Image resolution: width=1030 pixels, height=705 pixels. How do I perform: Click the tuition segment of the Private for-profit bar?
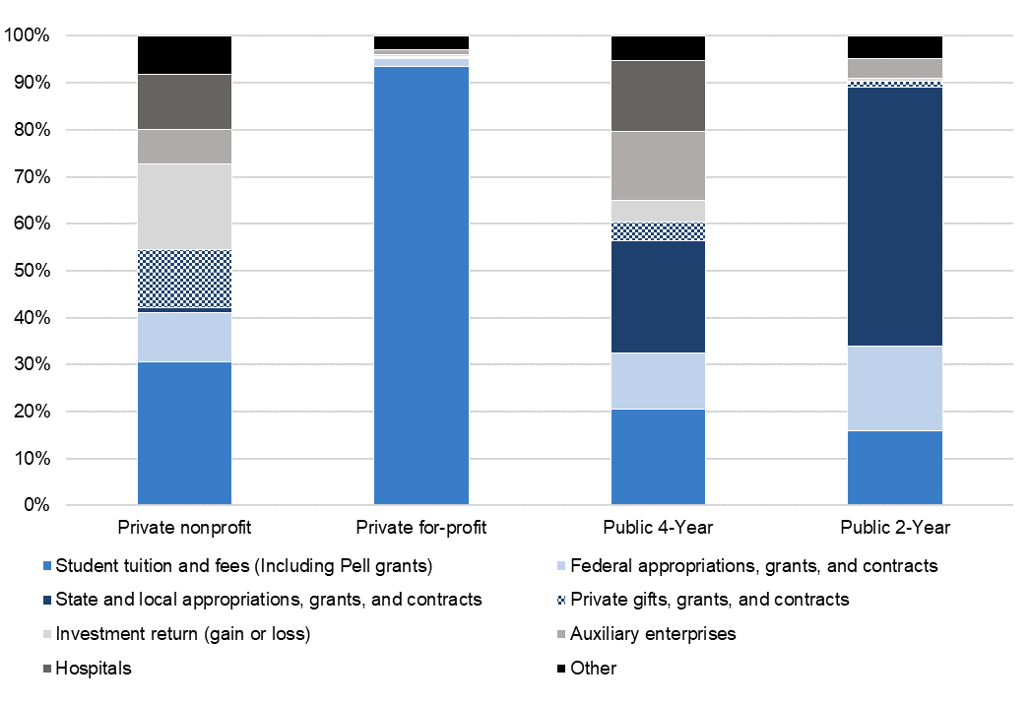(421, 286)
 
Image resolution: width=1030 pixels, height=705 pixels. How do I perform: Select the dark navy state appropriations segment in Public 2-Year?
(895, 217)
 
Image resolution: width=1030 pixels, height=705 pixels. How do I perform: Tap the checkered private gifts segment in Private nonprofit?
(184, 279)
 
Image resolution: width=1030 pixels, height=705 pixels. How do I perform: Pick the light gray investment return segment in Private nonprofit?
(184, 207)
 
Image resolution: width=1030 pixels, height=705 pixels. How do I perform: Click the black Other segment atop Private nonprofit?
(184, 55)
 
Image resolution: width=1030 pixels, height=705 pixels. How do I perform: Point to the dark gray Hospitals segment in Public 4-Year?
(658, 96)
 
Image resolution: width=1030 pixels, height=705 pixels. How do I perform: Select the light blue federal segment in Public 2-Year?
(895, 388)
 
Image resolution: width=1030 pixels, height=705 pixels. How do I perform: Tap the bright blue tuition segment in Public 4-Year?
(658, 457)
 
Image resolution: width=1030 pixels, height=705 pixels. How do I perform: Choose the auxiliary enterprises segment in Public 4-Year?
(658, 165)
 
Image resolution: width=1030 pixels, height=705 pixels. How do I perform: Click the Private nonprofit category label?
(184, 528)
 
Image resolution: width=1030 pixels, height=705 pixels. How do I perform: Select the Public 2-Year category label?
(895, 528)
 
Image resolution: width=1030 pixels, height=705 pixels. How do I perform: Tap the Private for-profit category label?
(421, 528)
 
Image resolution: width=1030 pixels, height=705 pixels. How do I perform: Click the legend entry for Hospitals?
(94, 669)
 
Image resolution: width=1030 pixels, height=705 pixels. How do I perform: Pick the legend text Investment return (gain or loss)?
(183, 634)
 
